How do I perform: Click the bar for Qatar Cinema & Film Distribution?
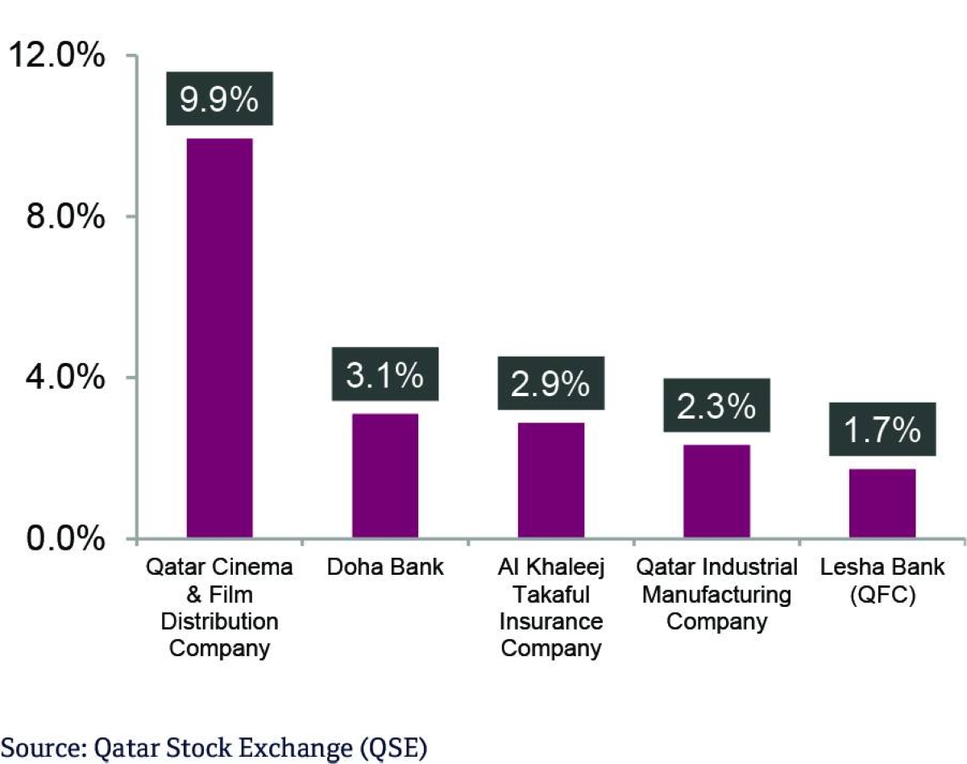(x=219, y=338)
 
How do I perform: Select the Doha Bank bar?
(x=385, y=476)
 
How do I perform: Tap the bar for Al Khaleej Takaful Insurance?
(x=550, y=480)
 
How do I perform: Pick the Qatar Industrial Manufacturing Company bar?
(x=716, y=491)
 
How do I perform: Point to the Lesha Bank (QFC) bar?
(x=882, y=503)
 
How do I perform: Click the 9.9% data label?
(x=219, y=99)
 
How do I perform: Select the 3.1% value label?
(x=385, y=374)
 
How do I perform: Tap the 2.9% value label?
(x=550, y=383)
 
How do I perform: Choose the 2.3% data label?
(x=716, y=406)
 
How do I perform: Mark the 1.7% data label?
(x=882, y=430)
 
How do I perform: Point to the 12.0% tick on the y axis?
(x=56, y=57)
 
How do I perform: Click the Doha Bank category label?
(x=385, y=567)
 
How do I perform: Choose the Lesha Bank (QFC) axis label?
(x=882, y=581)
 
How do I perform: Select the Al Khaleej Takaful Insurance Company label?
(x=550, y=607)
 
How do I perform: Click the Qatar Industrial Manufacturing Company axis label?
(x=716, y=594)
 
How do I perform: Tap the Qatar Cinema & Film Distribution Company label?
(x=219, y=607)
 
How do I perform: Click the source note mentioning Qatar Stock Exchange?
(x=214, y=748)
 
